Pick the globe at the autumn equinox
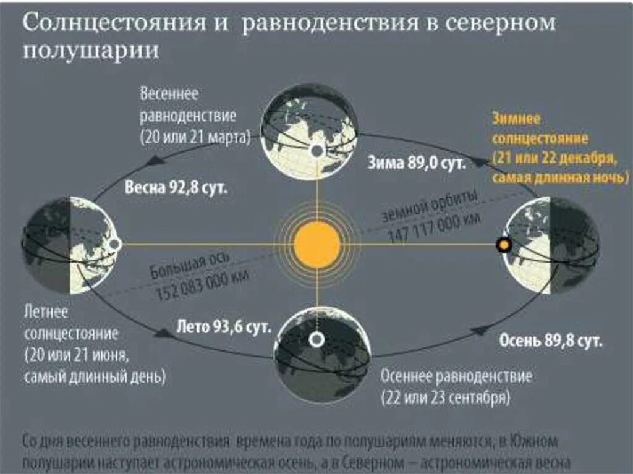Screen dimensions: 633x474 pos(323,355)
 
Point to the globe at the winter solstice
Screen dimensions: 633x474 pos(551,245)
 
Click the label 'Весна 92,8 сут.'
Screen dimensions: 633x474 pos(176,188)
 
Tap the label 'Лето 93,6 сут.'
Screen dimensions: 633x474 pos(224,328)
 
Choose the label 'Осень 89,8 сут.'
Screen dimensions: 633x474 pos(551,341)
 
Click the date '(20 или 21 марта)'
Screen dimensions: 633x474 pos(195,137)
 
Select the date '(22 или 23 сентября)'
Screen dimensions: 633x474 pos(445,396)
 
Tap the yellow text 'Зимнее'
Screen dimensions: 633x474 pos(516,118)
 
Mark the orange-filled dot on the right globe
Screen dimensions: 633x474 pos(504,245)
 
